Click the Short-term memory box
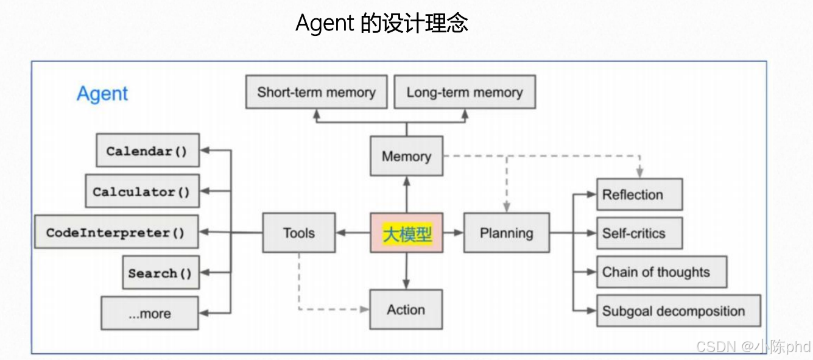coord(316,92)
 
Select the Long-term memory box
coord(465,92)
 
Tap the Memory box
coord(406,157)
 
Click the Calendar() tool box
coord(147,150)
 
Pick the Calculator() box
coord(142,191)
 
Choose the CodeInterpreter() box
coord(116,232)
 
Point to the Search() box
coord(160,273)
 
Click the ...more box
coord(150,314)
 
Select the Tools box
coord(299,233)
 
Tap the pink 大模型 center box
coord(406,233)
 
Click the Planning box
coord(506,233)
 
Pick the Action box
coord(406,309)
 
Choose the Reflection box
coord(639,195)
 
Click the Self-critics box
coord(639,233)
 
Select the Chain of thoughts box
coord(661,272)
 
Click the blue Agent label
coord(102,94)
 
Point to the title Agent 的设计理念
coord(382,23)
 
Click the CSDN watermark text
coord(753,347)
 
